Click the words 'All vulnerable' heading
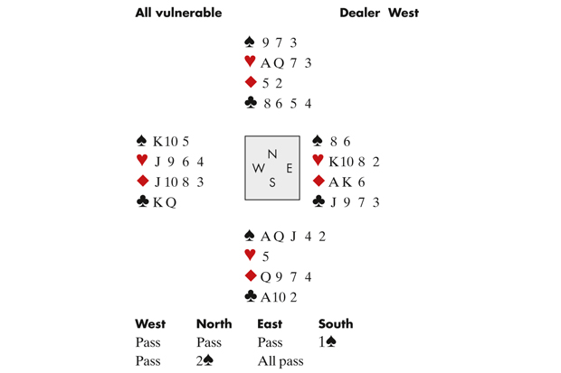178,13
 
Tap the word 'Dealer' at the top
359,13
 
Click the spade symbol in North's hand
250,42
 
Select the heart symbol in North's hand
250,61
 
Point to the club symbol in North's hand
250,103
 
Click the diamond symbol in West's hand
143,181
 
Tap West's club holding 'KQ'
165,202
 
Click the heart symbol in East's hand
319,160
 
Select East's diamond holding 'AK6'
347,182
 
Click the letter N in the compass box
272,154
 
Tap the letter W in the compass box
259,168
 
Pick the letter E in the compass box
289,168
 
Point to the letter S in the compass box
272,182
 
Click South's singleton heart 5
265,256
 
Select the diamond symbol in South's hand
251,275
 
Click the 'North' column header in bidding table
214,324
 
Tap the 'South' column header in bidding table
336,324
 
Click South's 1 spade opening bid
327,342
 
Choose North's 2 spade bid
204,361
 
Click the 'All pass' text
280,361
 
